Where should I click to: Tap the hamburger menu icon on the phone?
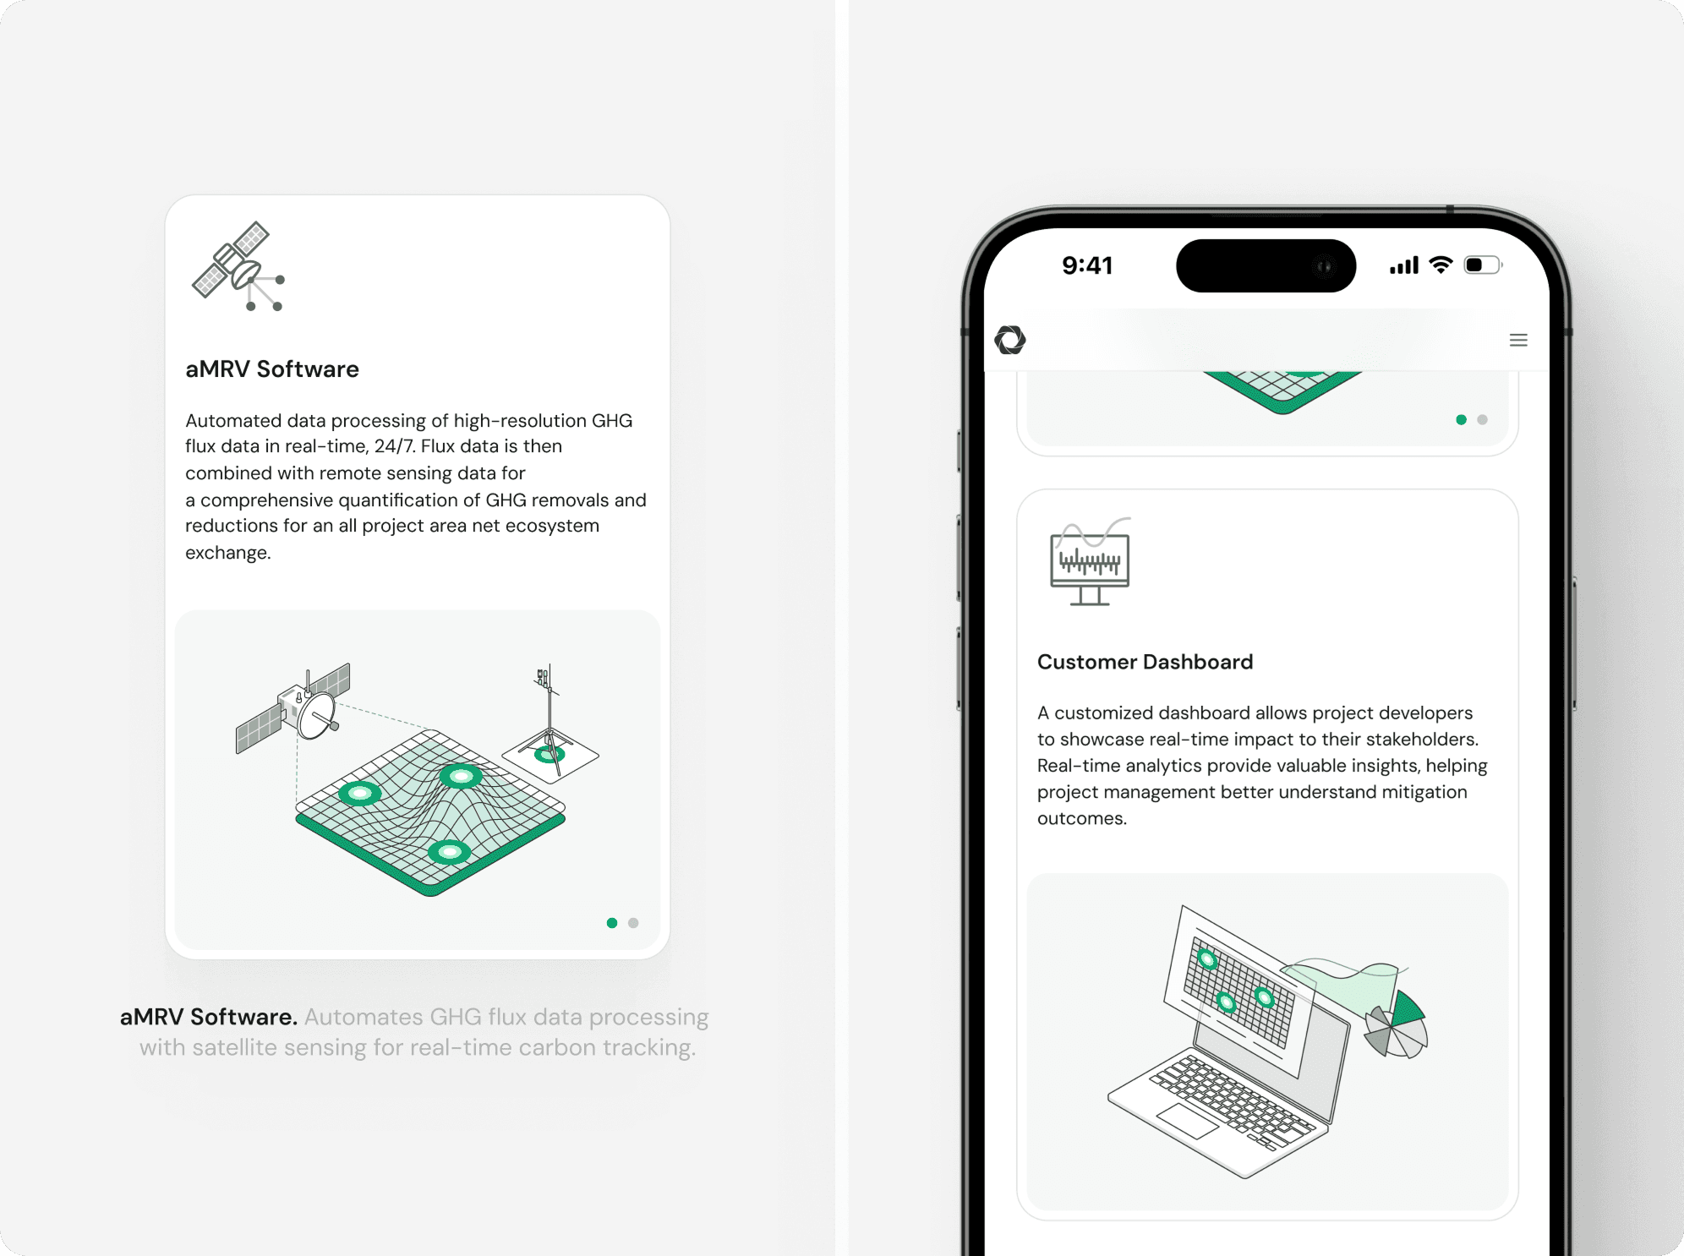coord(1518,340)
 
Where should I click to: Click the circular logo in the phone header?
coord(1010,340)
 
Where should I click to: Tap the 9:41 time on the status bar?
coord(1087,265)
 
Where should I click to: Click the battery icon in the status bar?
coord(1483,265)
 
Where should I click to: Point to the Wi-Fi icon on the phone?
coord(1441,265)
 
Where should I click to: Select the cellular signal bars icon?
coord(1404,266)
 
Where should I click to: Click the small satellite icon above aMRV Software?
coord(239,266)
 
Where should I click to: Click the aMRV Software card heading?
coord(272,369)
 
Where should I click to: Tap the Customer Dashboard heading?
coord(1145,662)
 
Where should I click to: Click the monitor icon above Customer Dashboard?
coord(1090,562)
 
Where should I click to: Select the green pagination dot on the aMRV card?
coord(612,923)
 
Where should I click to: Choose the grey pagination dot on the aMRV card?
coord(633,923)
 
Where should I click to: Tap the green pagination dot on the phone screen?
coord(1461,419)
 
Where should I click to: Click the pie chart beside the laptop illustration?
coord(1397,1024)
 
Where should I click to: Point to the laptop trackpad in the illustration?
coord(1187,1121)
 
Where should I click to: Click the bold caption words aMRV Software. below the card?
coord(209,1017)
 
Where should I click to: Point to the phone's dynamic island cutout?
coord(1266,265)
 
